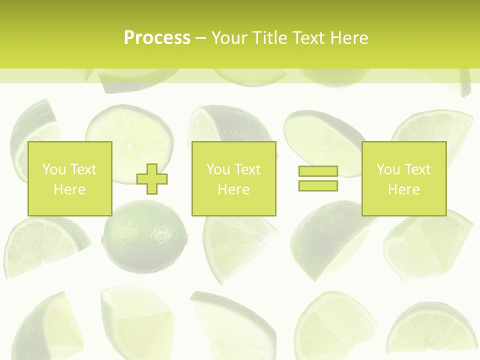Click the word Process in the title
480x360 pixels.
157,38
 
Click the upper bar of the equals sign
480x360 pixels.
318,171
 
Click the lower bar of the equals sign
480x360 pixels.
318,185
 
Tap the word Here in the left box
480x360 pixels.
69,189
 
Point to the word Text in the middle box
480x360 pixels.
247,169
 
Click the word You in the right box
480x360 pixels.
388,169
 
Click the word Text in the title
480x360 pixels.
307,38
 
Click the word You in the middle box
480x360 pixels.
218,169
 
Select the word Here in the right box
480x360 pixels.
403,189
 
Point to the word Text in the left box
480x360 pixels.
83,169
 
